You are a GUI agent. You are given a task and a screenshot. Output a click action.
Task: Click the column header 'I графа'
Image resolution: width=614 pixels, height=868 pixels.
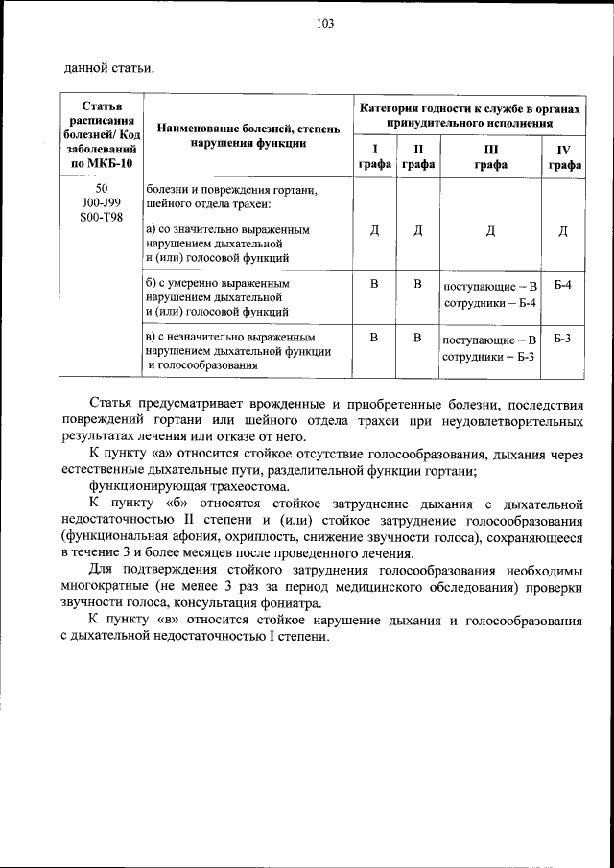[x=375, y=157]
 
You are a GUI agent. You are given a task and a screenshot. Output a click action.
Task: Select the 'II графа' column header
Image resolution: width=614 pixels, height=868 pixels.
[x=417, y=157]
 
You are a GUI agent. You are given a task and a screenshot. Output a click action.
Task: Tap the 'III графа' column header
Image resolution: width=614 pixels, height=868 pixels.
[x=490, y=157]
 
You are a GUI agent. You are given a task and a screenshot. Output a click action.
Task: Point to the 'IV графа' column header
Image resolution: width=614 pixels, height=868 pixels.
[x=564, y=157]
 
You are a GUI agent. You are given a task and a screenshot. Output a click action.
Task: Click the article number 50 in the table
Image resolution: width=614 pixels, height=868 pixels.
[x=102, y=189]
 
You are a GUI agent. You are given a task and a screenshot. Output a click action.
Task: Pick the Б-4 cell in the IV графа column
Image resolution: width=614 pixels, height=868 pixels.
[x=564, y=285]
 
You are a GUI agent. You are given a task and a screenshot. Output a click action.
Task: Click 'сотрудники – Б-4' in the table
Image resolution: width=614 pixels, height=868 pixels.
[x=489, y=303]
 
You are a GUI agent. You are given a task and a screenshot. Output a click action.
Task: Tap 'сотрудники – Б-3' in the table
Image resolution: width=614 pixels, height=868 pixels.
[x=489, y=357]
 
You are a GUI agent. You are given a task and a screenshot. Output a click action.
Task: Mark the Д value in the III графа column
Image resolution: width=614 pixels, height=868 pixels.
[x=490, y=230]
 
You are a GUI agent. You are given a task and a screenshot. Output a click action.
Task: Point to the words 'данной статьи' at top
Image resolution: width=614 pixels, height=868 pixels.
[x=107, y=67]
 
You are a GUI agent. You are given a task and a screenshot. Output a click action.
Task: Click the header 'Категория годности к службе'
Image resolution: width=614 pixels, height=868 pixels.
[x=470, y=111]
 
